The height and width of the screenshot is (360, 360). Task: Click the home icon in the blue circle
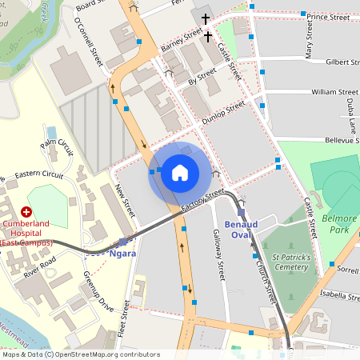(180, 172)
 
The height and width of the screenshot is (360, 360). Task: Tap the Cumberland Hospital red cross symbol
(26, 212)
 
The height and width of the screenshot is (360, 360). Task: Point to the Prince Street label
(328, 16)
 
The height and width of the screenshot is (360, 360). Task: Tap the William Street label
(334, 92)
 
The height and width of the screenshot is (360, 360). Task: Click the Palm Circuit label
(57, 148)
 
